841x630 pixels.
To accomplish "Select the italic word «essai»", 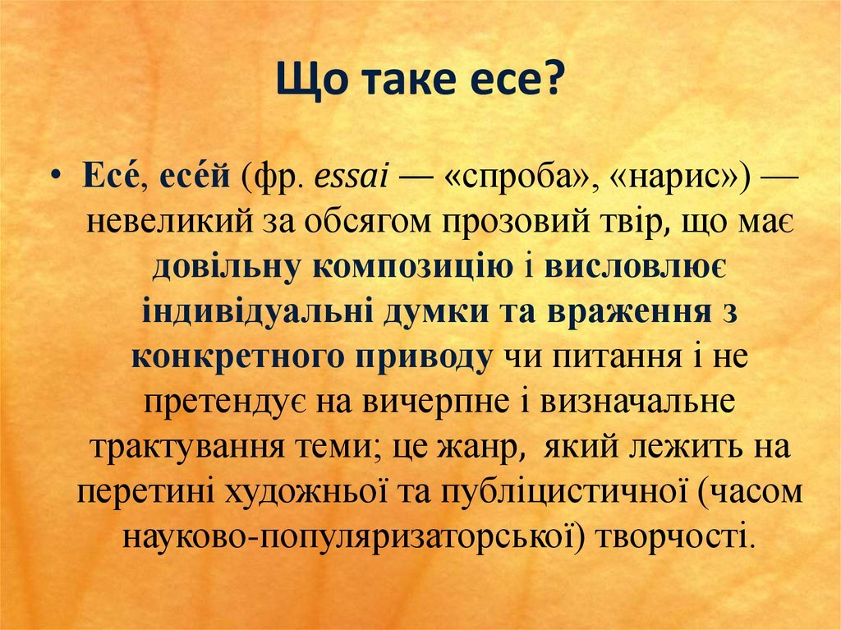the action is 350,177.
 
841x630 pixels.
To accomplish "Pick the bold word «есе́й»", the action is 195,176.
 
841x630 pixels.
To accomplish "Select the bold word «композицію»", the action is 413,268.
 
